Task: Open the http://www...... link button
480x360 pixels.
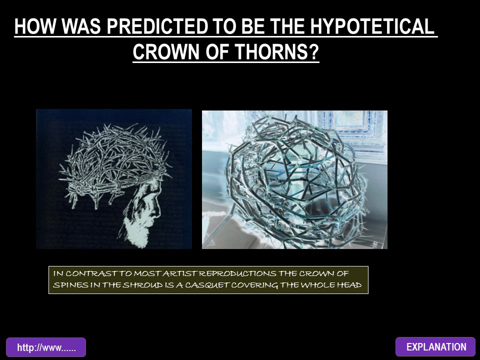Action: pos(46,347)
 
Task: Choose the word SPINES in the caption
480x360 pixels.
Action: pos(68,285)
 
